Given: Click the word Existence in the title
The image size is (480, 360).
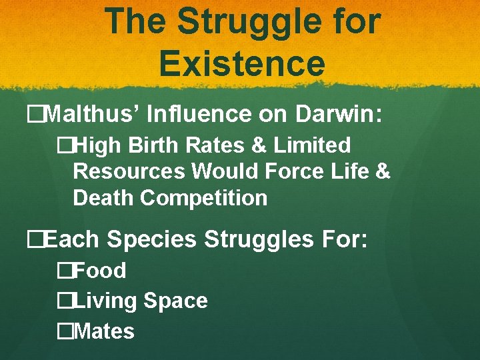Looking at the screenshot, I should [242, 63].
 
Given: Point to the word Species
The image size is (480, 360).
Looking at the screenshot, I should [151, 239].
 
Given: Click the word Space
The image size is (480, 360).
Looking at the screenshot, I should [175, 301].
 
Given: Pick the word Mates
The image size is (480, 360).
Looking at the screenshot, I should [105, 331].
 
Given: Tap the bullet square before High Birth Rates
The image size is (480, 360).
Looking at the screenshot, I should [64, 145].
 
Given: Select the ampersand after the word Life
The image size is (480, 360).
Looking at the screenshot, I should [383, 171].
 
